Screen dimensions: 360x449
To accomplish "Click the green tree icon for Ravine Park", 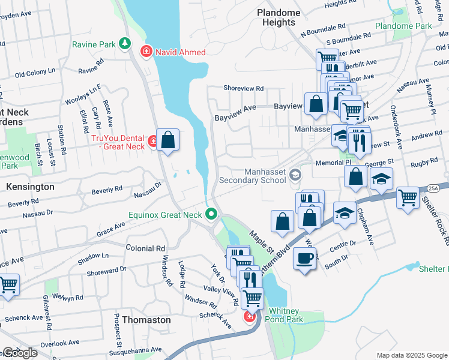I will click(x=124, y=43).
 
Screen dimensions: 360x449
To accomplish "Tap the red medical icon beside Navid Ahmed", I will click(x=145, y=52).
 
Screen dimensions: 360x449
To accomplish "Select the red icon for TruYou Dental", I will click(x=154, y=142).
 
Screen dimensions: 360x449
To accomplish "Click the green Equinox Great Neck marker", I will click(x=211, y=214).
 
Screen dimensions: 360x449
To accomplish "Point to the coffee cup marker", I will click(x=305, y=259).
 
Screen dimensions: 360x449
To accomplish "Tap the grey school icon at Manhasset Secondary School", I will click(x=295, y=175).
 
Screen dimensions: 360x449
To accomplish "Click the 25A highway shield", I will click(x=434, y=188).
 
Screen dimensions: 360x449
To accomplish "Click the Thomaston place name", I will click(x=146, y=320).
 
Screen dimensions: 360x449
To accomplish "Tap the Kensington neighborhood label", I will click(x=30, y=187).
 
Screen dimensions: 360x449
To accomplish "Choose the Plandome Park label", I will click(x=403, y=26).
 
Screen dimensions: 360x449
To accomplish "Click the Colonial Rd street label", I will click(x=145, y=248).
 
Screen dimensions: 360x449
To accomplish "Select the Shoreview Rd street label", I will click(x=243, y=88).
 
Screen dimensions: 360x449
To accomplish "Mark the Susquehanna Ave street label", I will click(x=140, y=349).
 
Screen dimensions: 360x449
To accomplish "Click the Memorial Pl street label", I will click(x=331, y=162).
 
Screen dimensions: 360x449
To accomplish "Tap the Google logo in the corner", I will click(x=20, y=353).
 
